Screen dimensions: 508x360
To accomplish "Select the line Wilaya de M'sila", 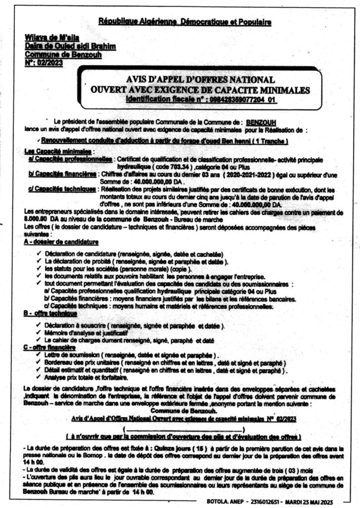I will [47, 39].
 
